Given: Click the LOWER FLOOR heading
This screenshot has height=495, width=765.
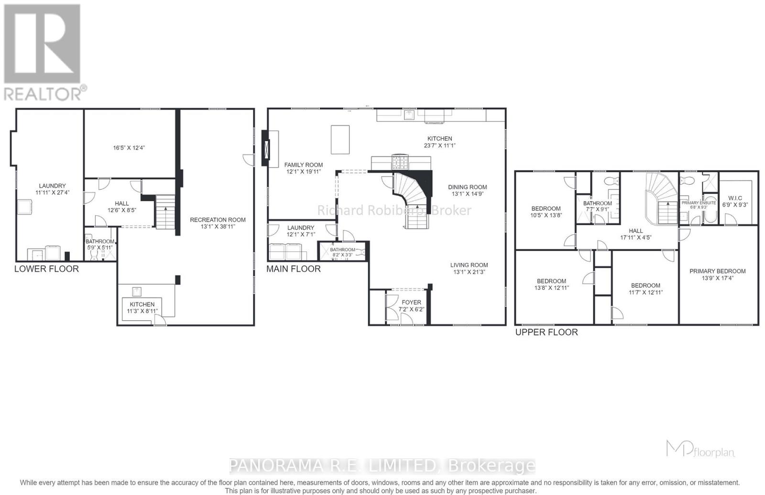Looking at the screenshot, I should [46, 269].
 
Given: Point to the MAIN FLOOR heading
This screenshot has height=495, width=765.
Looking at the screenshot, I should [293, 269].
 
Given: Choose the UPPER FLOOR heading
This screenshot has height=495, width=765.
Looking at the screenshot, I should [546, 332].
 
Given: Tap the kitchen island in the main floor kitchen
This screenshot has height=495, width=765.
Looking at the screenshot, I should [340, 139].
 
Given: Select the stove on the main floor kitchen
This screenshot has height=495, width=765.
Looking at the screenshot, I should [400, 162].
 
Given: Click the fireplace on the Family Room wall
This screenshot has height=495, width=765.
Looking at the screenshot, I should [266, 148].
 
